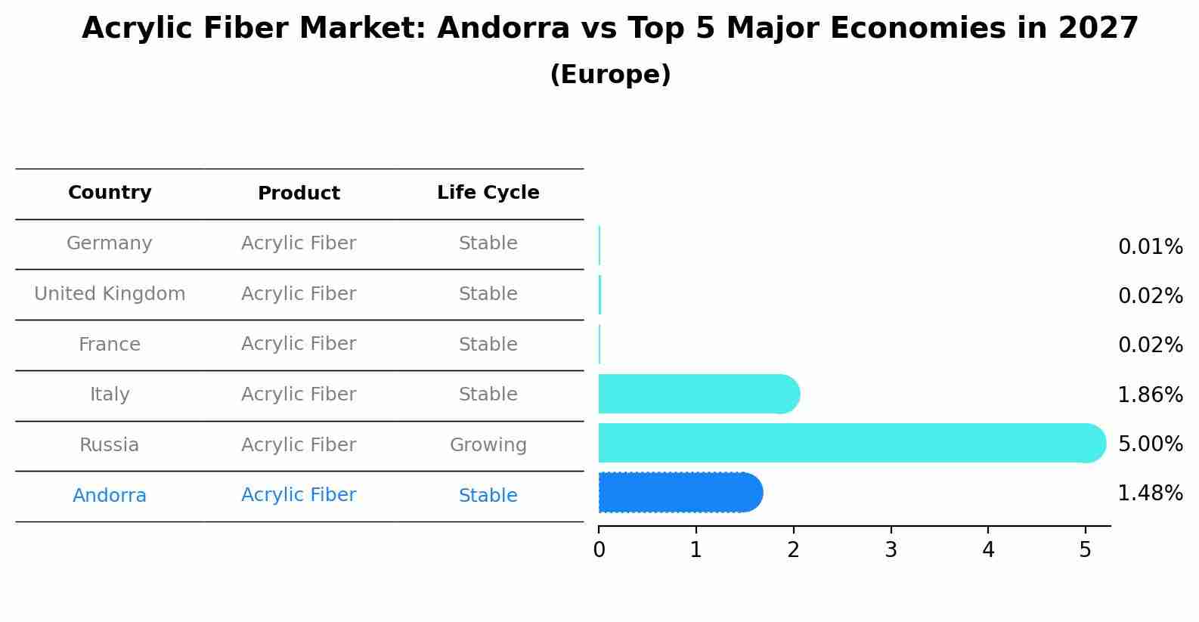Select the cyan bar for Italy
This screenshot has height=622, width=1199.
point(698,394)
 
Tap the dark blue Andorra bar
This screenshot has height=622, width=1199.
point(680,493)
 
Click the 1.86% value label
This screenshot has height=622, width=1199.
point(1150,395)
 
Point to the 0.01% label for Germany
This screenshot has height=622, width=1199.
point(1150,247)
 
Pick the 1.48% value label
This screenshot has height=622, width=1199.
point(1150,494)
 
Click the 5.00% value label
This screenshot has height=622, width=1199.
point(1150,444)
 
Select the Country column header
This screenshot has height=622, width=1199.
point(110,193)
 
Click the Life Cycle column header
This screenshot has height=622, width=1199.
point(488,193)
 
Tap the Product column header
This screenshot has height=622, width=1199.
point(299,193)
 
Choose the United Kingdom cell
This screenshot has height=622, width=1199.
point(110,294)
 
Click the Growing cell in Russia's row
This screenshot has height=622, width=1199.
point(488,445)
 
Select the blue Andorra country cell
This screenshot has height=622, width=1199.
point(110,496)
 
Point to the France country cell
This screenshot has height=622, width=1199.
point(110,345)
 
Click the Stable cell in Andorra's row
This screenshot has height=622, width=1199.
point(488,496)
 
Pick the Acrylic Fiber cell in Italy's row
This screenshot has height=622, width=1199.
point(299,395)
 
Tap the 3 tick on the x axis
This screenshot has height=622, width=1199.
point(891,549)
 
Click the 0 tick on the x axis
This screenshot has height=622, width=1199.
point(599,549)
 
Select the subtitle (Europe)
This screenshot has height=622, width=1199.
point(610,75)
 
